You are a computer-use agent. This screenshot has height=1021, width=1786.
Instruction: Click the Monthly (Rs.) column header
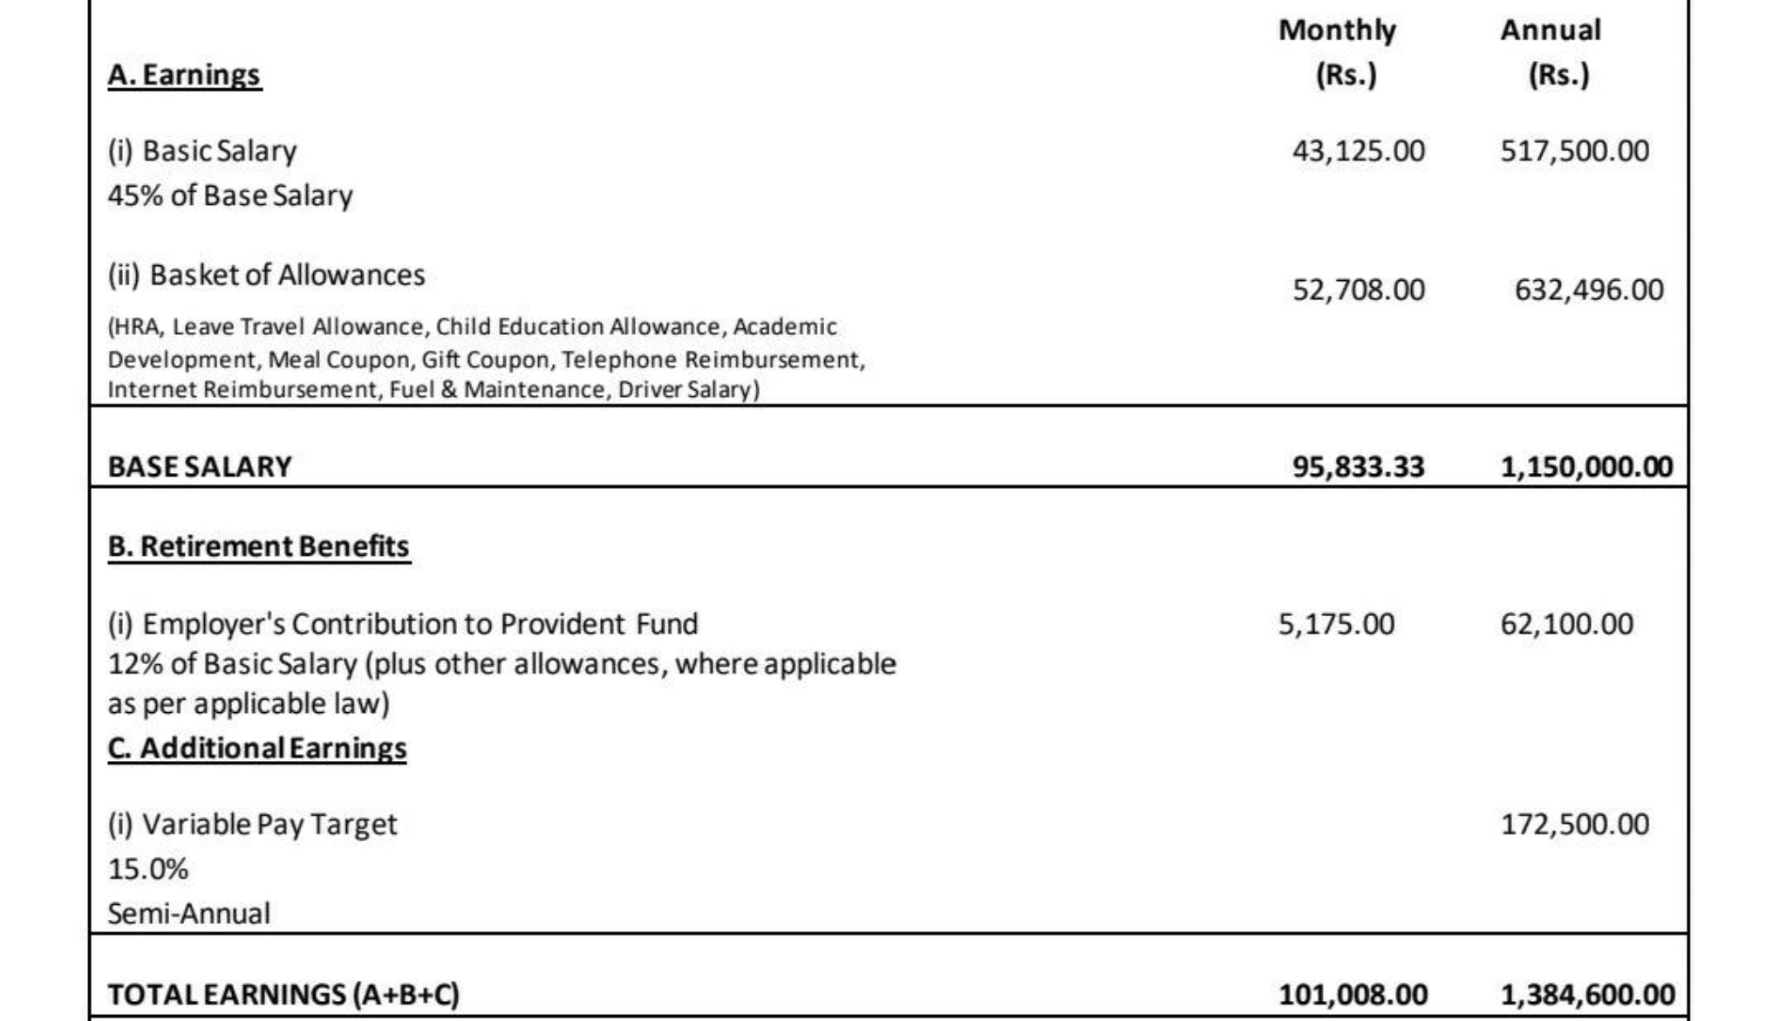(x=1339, y=52)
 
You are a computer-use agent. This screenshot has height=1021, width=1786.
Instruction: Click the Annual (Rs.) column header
(x=1552, y=52)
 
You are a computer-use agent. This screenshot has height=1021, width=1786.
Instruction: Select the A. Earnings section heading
(x=184, y=75)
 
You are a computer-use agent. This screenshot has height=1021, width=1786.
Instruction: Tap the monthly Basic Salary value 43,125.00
(x=1358, y=151)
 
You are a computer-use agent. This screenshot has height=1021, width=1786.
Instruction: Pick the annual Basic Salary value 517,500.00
(x=1574, y=151)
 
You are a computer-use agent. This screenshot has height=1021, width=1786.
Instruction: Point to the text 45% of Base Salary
(x=230, y=195)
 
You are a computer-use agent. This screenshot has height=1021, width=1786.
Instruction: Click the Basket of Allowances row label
(x=267, y=275)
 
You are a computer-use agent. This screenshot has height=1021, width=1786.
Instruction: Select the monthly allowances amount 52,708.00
(x=1358, y=290)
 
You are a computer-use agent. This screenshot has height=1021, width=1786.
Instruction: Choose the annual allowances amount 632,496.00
(x=1588, y=290)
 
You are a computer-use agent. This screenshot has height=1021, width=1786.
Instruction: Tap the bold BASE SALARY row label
(x=200, y=467)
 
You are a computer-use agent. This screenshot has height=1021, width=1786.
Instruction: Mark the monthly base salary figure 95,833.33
(x=1358, y=467)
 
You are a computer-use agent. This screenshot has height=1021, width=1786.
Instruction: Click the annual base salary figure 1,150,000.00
(x=1586, y=467)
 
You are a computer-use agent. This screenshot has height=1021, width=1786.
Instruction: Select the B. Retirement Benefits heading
(x=259, y=546)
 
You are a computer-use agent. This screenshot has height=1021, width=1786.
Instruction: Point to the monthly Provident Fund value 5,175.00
(x=1336, y=624)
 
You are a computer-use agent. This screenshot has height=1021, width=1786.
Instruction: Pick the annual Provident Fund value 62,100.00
(x=1566, y=624)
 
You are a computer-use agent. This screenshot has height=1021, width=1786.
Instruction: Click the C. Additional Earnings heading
(x=257, y=749)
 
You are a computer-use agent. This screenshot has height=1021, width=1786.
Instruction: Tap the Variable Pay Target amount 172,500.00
(x=1574, y=825)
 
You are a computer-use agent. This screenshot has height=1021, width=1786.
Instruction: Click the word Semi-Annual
(x=189, y=914)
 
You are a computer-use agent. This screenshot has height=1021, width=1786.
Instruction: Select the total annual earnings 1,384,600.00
(x=1587, y=995)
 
